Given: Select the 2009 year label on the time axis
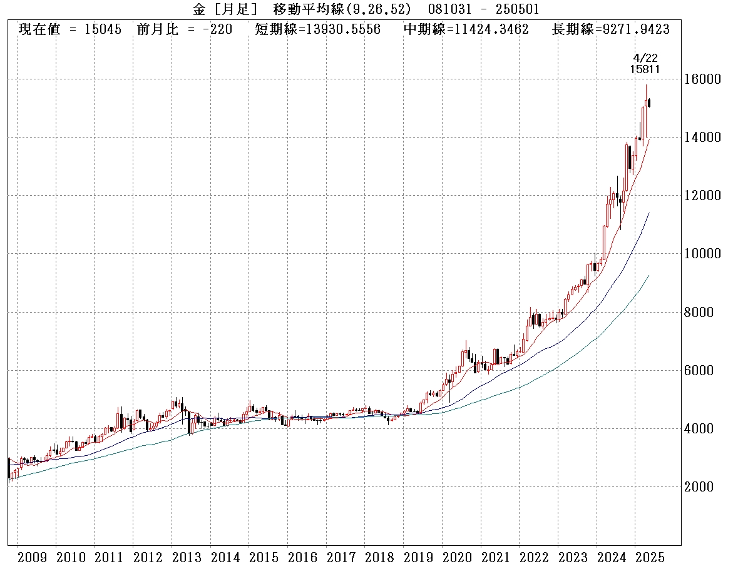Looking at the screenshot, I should [x=32, y=556].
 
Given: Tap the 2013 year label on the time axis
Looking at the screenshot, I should [x=187, y=556].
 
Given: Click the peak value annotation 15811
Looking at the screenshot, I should [x=645, y=69].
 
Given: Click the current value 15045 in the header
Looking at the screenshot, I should [x=103, y=29].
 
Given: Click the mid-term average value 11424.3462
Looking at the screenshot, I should [x=493, y=29].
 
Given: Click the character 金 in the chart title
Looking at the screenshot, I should [x=199, y=9].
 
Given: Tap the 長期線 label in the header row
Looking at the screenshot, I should [x=572, y=29].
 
